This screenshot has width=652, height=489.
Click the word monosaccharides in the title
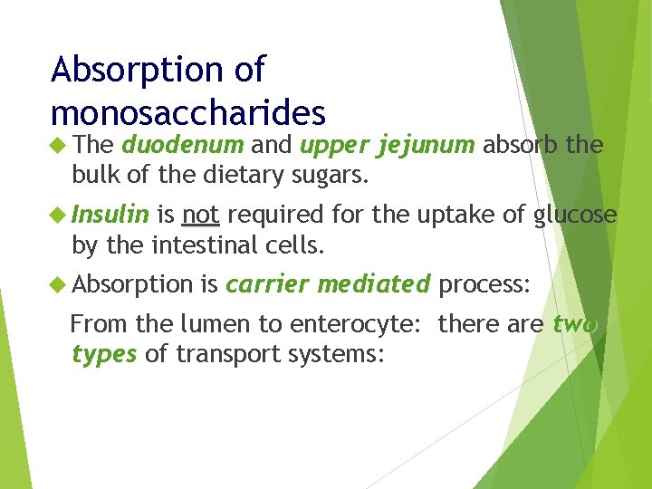(188, 111)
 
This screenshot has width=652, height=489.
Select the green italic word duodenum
(183, 144)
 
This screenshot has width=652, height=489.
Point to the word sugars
(331, 174)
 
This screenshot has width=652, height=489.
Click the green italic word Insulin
(110, 215)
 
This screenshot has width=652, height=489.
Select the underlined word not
(200, 215)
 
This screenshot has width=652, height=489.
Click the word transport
(228, 354)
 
